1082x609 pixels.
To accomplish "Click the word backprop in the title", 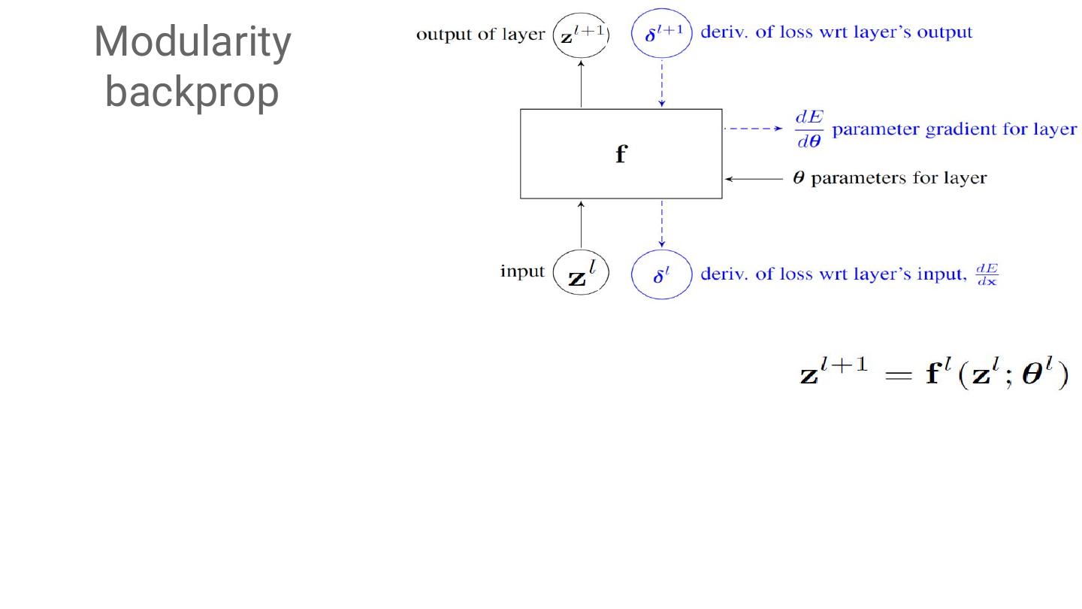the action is (x=192, y=92).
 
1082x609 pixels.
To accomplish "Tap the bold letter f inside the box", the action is (x=621, y=154).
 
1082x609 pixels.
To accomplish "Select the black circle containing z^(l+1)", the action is (x=582, y=34).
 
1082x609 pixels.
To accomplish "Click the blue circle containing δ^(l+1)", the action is (x=661, y=34).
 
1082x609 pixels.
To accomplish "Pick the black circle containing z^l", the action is (x=581, y=272).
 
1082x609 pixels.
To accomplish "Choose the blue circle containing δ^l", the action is (x=661, y=274).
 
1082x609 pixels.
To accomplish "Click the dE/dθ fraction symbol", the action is (x=808, y=130).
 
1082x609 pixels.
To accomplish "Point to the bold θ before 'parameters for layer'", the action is (x=799, y=179).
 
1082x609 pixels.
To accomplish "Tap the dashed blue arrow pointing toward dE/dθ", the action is (x=753, y=129).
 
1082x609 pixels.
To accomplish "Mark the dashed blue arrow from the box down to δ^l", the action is (x=661, y=223).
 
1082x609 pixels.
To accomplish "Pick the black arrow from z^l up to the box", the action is (x=582, y=223).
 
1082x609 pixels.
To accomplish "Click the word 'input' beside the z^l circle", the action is (x=522, y=271).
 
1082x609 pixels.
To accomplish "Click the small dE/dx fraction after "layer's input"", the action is (x=987, y=274).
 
